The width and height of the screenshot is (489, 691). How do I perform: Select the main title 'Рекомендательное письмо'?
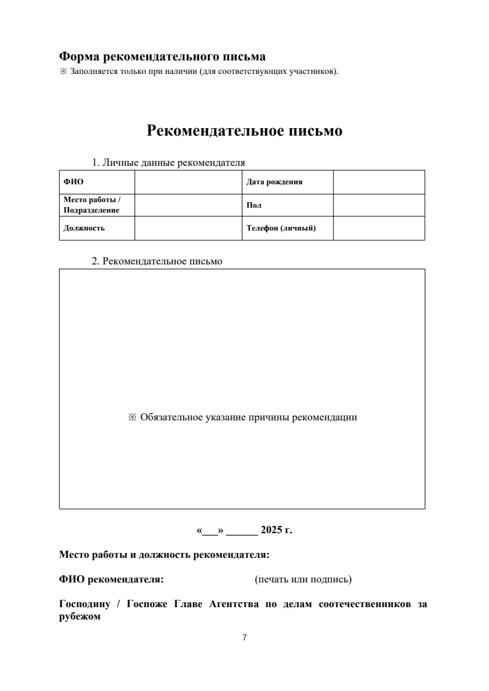(x=244, y=131)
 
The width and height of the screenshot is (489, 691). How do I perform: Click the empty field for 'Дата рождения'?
(x=379, y=182)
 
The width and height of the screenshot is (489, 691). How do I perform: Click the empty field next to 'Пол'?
(x=379, y=205)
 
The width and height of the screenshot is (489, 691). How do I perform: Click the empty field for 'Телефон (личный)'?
(x=379, y=228)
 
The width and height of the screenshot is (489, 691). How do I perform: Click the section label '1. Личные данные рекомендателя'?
(x=168, y=163)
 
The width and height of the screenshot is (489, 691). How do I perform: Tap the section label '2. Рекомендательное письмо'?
(x=157, y=261)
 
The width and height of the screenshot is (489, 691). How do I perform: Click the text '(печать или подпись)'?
(x=303, y=579)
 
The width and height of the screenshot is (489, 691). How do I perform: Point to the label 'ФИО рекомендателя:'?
(x=111, y=579)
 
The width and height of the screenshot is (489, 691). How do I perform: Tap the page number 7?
(x=244, y=637)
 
